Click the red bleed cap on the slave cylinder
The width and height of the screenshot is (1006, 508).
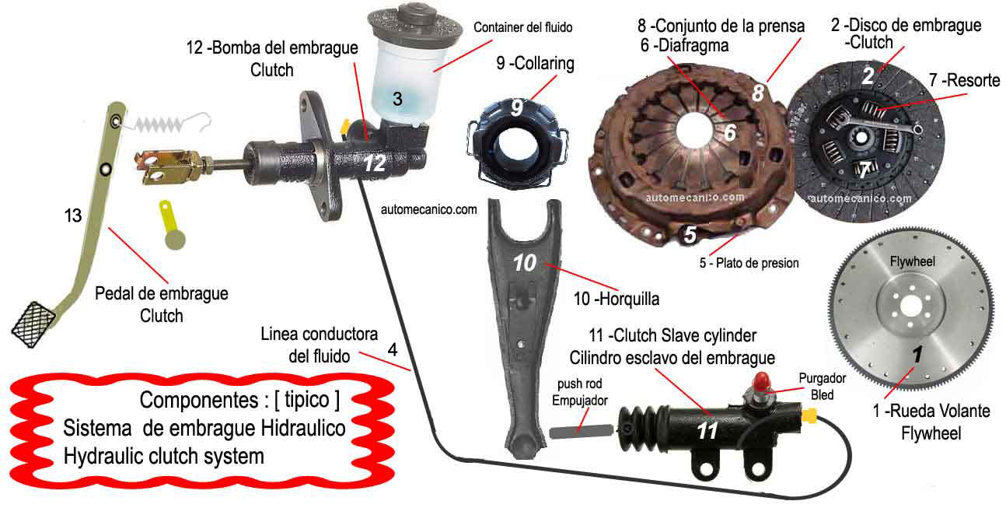(761, 381)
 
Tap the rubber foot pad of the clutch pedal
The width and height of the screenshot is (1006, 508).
(33, 324)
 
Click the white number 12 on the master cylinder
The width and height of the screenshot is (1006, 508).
(375, 163)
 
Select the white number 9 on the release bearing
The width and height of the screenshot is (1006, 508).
(517, 107)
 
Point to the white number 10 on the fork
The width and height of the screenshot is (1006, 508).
(525, 263)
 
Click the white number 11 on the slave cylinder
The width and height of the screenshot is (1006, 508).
(707, 431)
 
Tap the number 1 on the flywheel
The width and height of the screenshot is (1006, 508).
(917, 354)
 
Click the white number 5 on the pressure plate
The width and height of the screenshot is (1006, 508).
(690, 234)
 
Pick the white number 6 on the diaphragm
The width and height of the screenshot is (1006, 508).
(730, 132)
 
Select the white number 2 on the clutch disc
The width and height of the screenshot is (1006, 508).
(868, 76)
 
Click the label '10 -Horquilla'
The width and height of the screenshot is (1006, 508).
(617, 299)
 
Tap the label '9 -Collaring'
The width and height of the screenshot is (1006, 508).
(535, 63)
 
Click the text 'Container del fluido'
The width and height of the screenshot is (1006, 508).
(522, 27)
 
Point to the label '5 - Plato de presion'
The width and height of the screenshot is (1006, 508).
(749, 263)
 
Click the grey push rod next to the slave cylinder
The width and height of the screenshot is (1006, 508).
(581, 431)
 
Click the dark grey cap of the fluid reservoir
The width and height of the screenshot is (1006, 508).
(415, 23)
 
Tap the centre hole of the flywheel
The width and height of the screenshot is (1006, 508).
(911, 307)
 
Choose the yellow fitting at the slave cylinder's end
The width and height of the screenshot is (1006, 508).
(809, 416)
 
